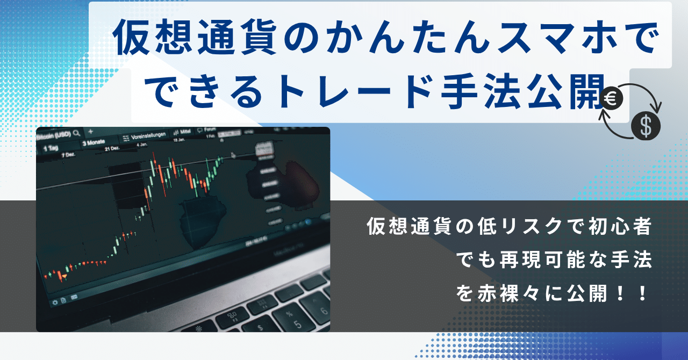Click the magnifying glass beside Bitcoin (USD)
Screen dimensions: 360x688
pos(77,132)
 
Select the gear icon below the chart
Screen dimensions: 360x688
pos(54,302)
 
